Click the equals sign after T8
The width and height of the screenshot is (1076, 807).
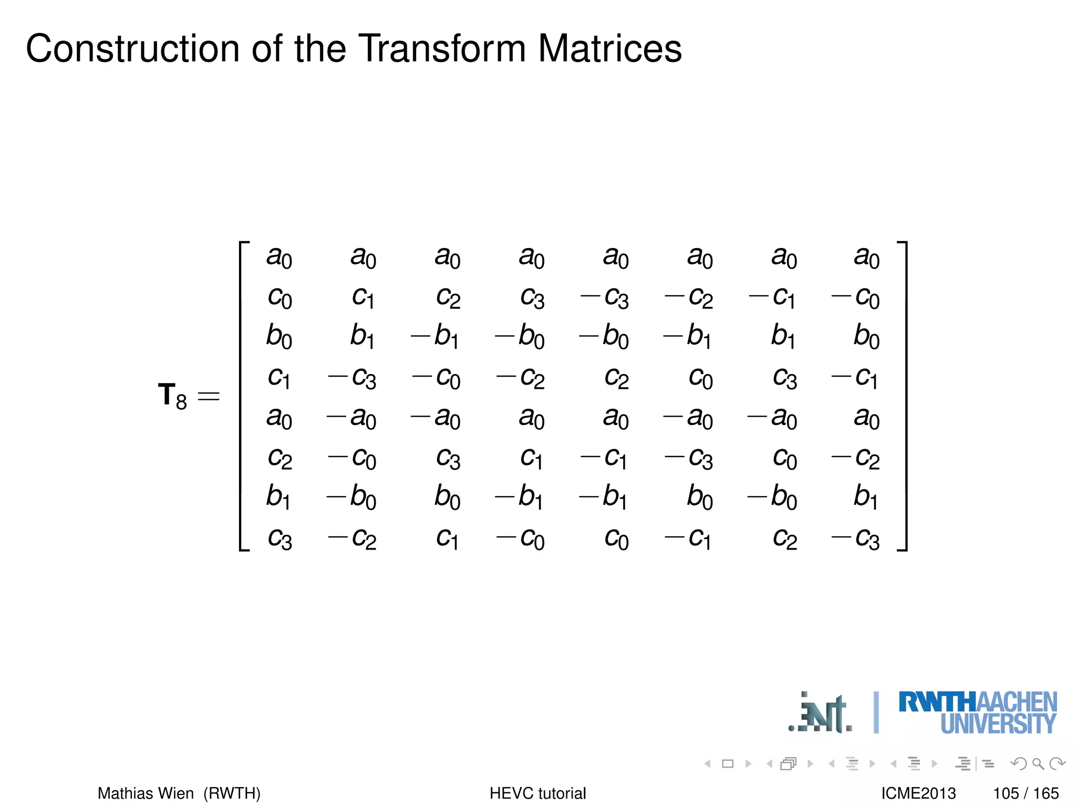click(x=209, y=396)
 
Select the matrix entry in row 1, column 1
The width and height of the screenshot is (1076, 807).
click(x=279, y=257)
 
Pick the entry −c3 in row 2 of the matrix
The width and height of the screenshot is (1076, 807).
click(x=604, y=298)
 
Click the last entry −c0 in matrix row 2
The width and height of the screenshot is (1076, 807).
click(x=855, y=298)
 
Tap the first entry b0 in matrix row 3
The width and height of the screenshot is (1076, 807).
click(x=279, y=336)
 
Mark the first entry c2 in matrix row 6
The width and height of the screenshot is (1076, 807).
click(x=279, y=458)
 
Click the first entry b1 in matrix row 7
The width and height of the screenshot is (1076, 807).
click(x=279, y=496)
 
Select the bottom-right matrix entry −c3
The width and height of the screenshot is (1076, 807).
click(x=855, y=538)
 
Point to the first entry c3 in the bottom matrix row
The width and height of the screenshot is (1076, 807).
click(x=279, y=538)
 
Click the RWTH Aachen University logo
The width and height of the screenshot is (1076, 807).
click(x=977, y=713)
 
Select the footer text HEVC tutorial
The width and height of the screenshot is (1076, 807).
click(x=537, y=793)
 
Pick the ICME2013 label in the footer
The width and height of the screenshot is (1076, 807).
click(x=918, y=793)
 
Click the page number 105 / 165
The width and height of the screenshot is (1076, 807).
click(x=1026, y=793)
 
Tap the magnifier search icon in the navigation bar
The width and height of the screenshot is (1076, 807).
click(x=1038, y=763)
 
